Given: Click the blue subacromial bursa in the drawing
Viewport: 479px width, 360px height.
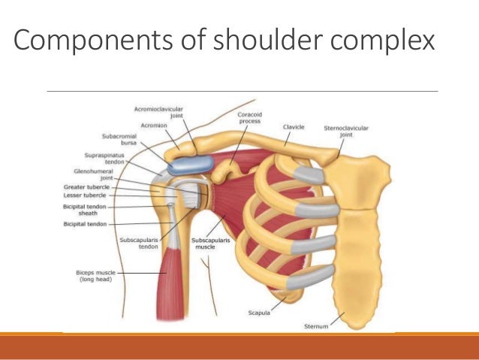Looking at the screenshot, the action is pos(191,165).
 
